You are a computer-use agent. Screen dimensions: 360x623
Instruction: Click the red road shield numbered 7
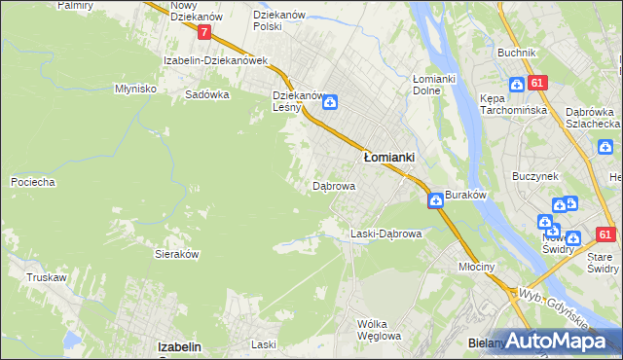click(x=203, y=32)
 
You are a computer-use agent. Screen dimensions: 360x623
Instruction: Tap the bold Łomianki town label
click(x=389, y=156)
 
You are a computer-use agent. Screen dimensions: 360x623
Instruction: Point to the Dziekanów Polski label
click(x=279, y=20)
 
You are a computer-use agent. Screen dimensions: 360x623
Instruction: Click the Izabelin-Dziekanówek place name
click(x=215, y=60)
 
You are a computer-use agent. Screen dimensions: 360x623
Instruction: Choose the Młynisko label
click(x=135, y=88)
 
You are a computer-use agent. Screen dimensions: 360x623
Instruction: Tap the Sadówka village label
click(x=206, y=95)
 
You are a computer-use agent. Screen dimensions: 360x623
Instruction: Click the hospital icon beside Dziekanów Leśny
click(x=330, y=101)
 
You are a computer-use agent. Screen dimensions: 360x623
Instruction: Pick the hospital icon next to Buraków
click(x=434, y=199)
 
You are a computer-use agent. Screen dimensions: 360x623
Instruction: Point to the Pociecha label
click(x=32, y=182)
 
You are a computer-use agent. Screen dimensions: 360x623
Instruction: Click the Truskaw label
click(x=46, y=277)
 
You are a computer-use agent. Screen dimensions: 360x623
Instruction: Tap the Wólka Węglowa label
click(x=379, y=330)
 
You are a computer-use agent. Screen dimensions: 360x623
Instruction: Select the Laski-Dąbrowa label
click(x=385, y=234)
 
